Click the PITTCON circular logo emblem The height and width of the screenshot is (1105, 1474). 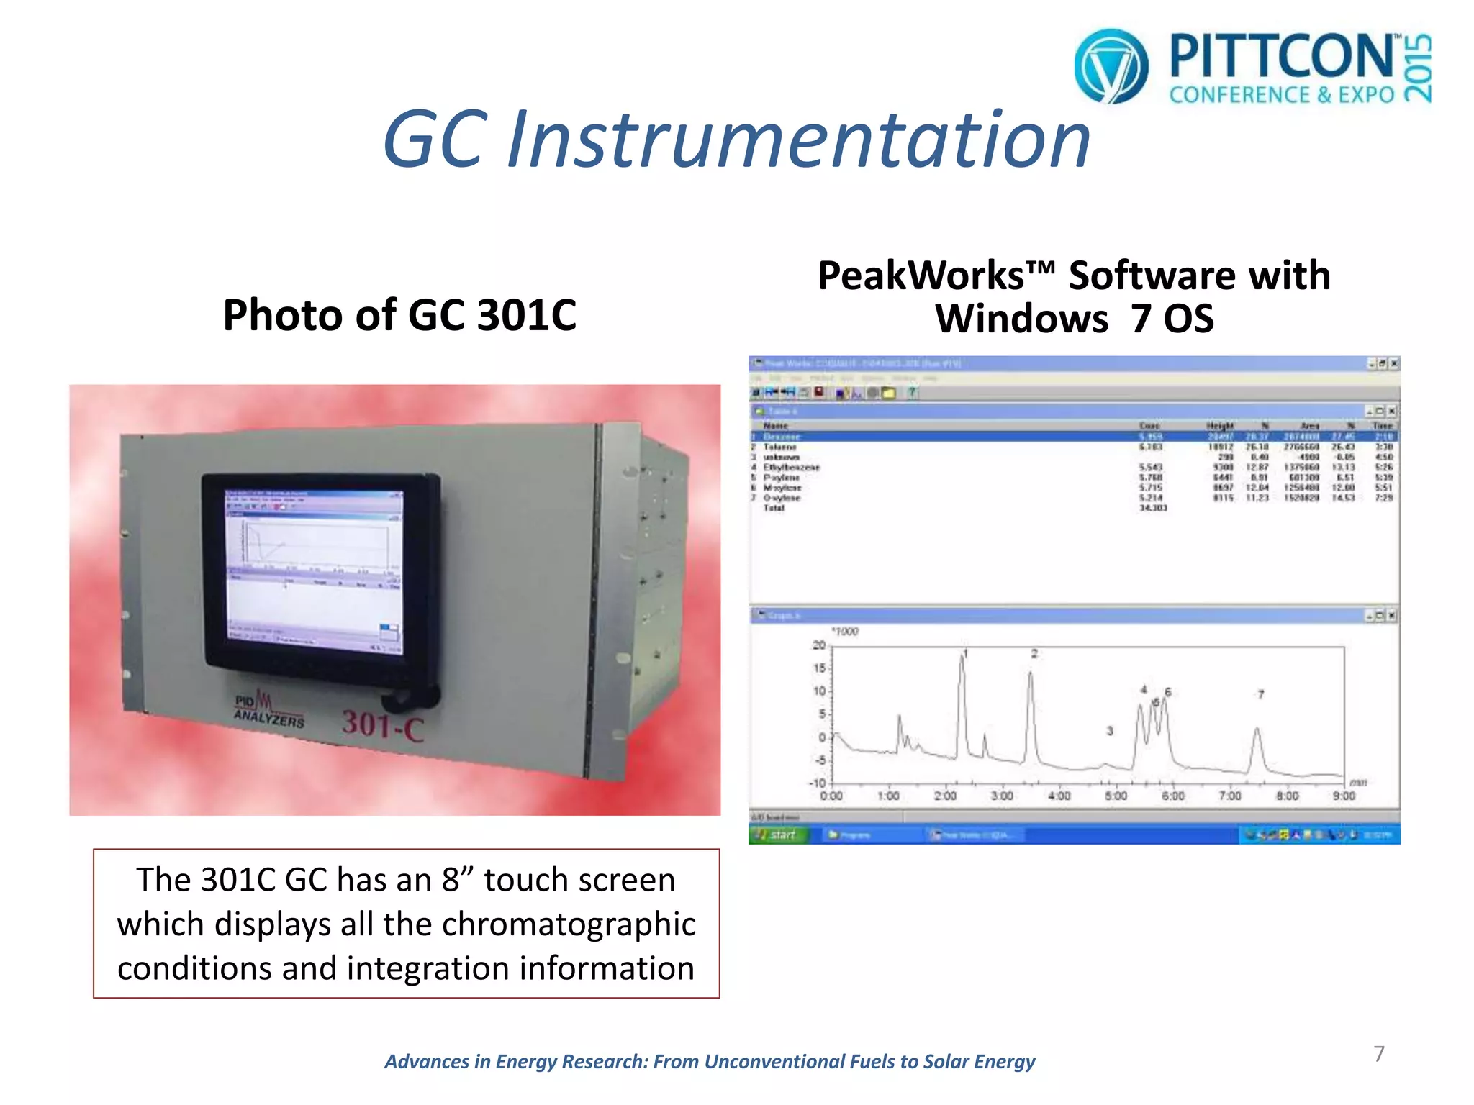pos(1111,66)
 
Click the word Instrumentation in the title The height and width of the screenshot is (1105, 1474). pos(799,139)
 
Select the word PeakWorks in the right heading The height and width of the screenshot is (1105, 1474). pos(922,276)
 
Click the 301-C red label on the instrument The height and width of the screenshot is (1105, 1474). pos(383,724)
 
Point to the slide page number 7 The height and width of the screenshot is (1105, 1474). pos(1379,1054)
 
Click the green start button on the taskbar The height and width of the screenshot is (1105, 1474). pos(778,835)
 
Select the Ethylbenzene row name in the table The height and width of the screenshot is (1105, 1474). pos(791,468)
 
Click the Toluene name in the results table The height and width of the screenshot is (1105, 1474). pos(779,447)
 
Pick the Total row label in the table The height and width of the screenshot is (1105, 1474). pos(774,508)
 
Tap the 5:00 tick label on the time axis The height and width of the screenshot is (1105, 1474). pos(1116,796)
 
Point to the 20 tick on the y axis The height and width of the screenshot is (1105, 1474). pos(819,645)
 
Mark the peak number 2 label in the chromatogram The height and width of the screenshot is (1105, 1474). pos(1034,653)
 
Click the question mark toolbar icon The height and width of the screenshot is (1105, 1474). pos(911,393)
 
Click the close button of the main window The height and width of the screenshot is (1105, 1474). pos(1394,364)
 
